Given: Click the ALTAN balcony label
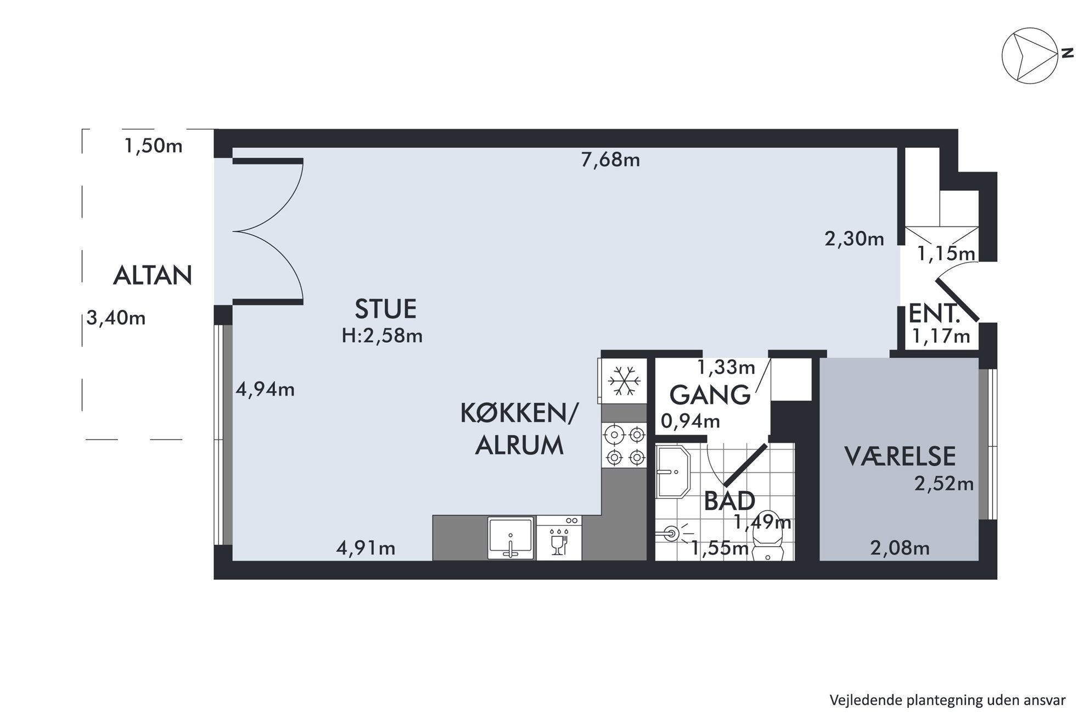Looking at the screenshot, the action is click(153, 275).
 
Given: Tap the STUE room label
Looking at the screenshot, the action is click(385, 309).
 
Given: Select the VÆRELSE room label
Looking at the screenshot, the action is click(900, 457).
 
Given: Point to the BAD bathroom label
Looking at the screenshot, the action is click(729, 501).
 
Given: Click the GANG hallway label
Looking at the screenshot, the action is click(710, 395).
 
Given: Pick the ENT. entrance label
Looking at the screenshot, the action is click(935, 314).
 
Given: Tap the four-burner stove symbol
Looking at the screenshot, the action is click(625, 445).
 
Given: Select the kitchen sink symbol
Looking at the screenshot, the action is click(511, 538).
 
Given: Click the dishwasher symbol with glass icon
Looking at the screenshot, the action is click(559, 538).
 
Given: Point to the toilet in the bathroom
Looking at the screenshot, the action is click(768, 541).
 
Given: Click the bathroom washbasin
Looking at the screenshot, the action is click(673, 471).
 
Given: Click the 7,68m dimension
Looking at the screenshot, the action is click(610, 160).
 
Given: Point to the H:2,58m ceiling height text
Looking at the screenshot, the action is click(382, 336).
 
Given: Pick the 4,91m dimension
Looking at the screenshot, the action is click(366, 548).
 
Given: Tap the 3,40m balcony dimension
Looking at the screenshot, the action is click(116, 318).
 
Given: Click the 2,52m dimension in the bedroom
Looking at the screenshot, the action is click(944, 483).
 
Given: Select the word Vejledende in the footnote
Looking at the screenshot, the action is click(862, 701).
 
